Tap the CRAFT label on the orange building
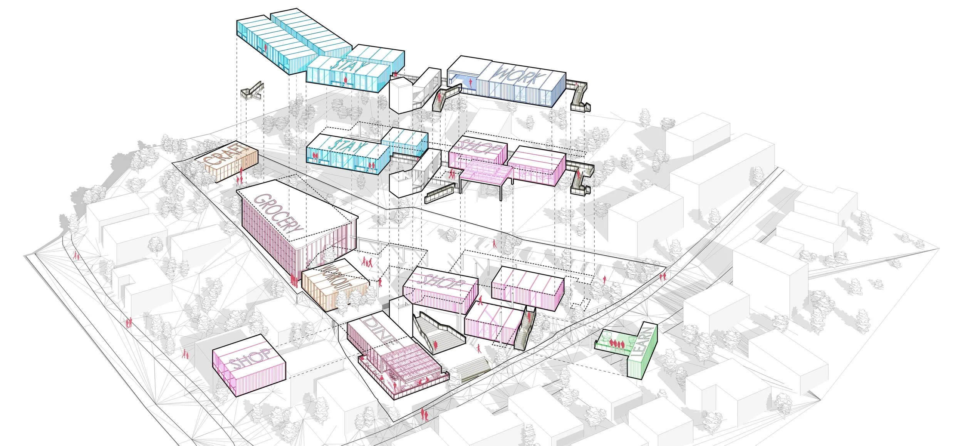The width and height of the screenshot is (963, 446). [x=225, y=156]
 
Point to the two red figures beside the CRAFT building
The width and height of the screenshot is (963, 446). [x=240, y=178]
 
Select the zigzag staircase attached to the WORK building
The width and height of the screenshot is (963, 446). [x=579, y=96]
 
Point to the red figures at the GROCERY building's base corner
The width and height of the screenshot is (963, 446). [x=294, y=280]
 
